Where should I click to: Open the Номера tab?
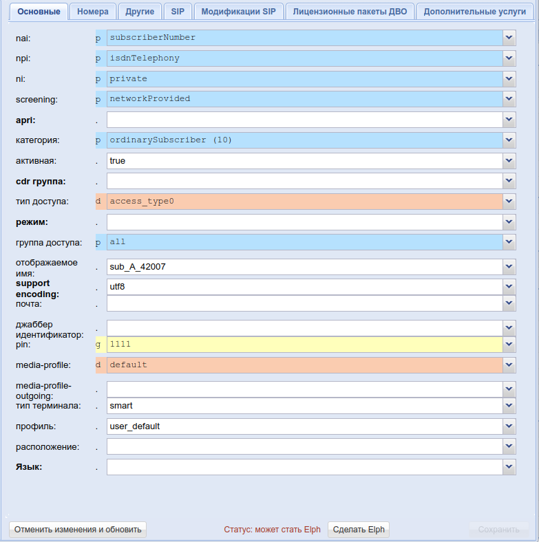[x=93, y=12]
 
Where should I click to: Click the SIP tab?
[x=178, y=12]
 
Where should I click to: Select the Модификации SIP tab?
[x=238, y=12]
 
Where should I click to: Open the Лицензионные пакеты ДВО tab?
[x=350, y=12]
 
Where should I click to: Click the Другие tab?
[x=140, y=12]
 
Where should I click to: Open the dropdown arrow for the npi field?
[x=509, y=58]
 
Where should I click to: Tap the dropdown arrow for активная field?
[x=509, y=161]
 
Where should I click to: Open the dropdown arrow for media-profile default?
[x=509, y=365]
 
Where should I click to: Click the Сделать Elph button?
[x=359, y=530]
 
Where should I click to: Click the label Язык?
[x=29, y=467]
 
